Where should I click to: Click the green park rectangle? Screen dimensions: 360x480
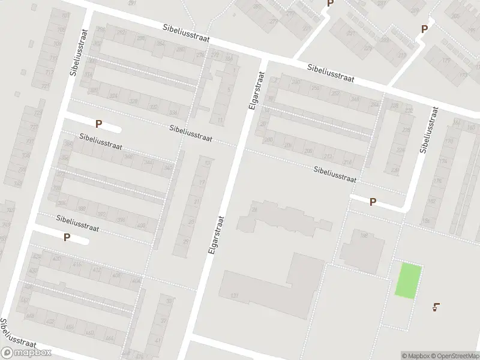click(x=408, y=280)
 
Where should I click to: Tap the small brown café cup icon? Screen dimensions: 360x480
click(x=436, y=307)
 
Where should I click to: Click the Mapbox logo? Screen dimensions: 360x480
click(x=26, y=353)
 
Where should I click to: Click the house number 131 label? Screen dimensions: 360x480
click(x=234, y=296)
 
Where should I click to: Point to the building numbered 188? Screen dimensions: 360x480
click(x=363, y=236)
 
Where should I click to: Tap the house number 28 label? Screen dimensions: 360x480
click(x=254, y=209)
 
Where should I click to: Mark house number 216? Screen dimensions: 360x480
click(x=346, y=163)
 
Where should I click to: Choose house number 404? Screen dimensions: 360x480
click(x=135, y=280)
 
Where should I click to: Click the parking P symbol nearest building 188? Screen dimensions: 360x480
click(x=373, y=202)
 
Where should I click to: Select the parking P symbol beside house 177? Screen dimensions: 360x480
click(x=424, y=28)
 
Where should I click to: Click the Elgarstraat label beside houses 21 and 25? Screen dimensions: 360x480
click(x=217, y=234)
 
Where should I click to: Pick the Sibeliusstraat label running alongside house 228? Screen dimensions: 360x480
click(x=430, y=130)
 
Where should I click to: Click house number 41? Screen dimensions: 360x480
click(x=158, y=340)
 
